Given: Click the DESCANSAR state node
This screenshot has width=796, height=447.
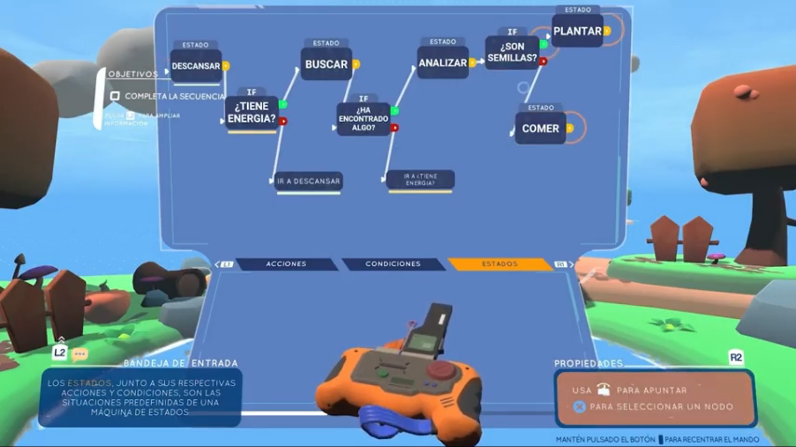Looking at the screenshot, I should [196, 66].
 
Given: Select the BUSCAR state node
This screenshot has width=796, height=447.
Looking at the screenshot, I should [326, 65].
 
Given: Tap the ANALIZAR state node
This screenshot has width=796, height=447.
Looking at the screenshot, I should [442, 63].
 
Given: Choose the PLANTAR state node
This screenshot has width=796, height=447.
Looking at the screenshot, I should [577, 31].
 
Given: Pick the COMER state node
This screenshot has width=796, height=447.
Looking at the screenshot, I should [540, 129].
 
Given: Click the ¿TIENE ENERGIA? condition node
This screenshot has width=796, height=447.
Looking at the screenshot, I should [252, 113].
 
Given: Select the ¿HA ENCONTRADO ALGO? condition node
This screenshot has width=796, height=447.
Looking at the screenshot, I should [363, 119].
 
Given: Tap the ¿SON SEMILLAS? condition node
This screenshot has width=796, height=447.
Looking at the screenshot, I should [512, 52].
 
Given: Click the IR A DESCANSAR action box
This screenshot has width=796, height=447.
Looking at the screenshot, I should [308, 181].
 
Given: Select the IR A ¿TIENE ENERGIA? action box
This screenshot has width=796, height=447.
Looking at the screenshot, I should [420, 179].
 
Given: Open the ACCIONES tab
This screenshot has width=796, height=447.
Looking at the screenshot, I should [286, 264].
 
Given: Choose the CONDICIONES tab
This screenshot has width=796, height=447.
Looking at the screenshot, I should [393, 264].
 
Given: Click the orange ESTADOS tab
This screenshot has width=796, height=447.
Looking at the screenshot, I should [499, 264].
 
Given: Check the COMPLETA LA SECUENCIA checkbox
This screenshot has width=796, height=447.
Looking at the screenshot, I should [115, 96].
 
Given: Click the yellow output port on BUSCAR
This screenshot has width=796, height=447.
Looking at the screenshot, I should [356, 65].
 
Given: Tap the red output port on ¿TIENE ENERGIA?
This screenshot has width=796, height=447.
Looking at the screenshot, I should [283, 121].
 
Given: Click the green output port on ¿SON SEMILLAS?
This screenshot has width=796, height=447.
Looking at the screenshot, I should [544, 45].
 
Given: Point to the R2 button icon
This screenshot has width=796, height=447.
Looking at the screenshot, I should [736, 358].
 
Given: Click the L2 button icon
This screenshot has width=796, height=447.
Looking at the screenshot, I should [60, 353].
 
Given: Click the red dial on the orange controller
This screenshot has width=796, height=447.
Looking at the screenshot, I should [440, 370].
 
